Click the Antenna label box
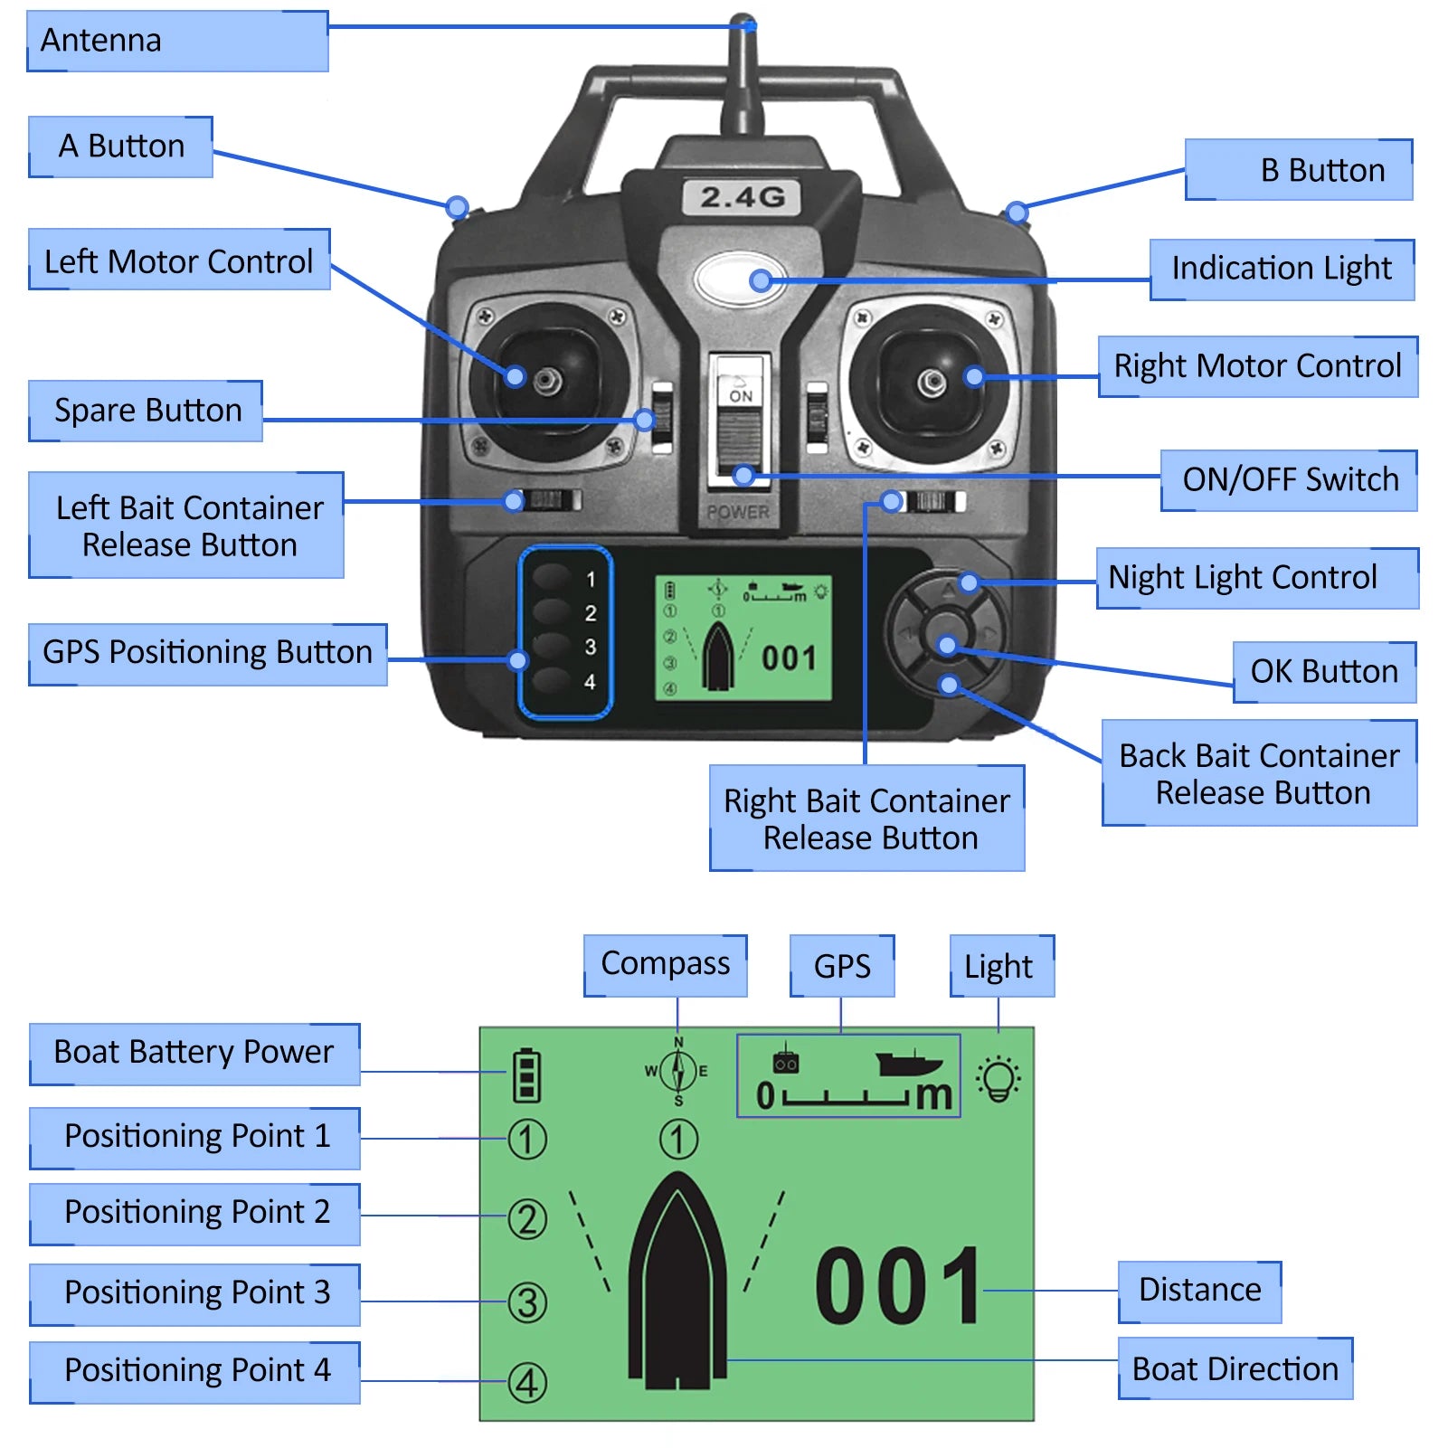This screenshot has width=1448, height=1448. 177,41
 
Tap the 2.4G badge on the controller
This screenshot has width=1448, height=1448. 742,197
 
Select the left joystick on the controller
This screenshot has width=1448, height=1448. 546,380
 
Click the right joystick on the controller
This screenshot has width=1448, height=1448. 932,382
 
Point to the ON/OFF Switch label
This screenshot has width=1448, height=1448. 1289,479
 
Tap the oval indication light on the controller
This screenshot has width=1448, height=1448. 742,279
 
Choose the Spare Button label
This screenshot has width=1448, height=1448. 146,411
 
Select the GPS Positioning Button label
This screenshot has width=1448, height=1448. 208,653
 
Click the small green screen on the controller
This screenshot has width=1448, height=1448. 743,639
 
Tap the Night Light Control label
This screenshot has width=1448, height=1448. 1256,578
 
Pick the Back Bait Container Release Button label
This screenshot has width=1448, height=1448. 1259,773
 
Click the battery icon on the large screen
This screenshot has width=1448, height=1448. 526,1074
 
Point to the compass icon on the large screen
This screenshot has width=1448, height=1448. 678,1072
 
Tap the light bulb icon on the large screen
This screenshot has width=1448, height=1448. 998,1078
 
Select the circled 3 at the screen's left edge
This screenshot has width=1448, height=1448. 527,1302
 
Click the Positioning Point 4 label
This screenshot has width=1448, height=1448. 195,1371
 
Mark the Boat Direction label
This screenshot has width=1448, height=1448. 1235,1369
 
